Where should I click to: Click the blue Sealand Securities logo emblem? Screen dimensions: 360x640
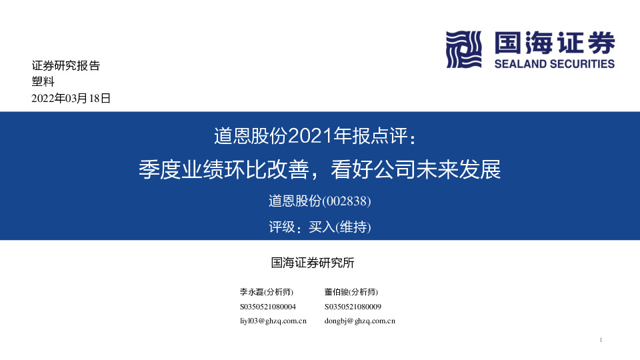coord(463,49)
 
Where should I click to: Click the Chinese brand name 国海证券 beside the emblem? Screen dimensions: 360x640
coord(554,44)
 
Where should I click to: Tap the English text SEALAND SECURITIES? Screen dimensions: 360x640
coord(554,64)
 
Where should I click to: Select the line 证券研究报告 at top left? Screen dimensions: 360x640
coord(65,66)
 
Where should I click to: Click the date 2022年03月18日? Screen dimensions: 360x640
coord(71,99)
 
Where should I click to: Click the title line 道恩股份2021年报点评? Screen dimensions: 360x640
coord(319,136)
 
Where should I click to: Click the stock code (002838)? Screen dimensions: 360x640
coord(346,200)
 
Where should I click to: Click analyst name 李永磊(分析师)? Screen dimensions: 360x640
coord(266,292)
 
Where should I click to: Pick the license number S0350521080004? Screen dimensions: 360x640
coord(267,307)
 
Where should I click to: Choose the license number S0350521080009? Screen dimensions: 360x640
coord(353,307)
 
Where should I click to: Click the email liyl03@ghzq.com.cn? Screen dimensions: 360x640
coord(273,321)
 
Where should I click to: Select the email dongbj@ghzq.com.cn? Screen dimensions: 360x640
coord(360,321)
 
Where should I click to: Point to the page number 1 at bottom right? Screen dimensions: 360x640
coord(601,341)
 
